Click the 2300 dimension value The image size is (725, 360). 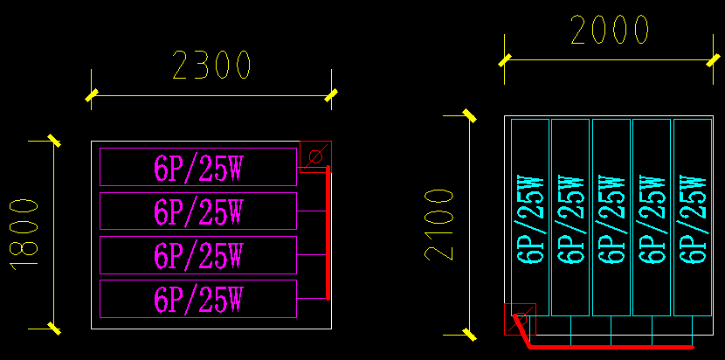coord(212,66)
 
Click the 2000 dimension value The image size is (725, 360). coord(610,31)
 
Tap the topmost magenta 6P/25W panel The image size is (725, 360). coord(198,167)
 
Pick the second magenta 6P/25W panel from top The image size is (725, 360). coord(198,211)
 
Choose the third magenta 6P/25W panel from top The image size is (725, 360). coord(198,255)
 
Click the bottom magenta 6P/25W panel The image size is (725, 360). coord(198,299)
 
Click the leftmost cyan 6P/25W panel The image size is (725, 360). coord(530,218)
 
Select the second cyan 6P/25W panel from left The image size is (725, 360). coord(570,218)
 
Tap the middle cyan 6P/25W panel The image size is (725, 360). coord(611,218)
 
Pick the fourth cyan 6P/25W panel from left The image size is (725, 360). coord(652,218)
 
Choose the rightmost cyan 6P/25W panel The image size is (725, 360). coord(693,218)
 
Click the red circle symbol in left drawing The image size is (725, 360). coord(315,156)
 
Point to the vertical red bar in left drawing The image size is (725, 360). coord(328,233)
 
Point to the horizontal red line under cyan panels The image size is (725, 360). coord(611,347)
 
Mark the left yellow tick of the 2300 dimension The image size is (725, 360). coord(91,95)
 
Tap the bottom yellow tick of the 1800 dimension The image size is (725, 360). coord(54,329)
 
